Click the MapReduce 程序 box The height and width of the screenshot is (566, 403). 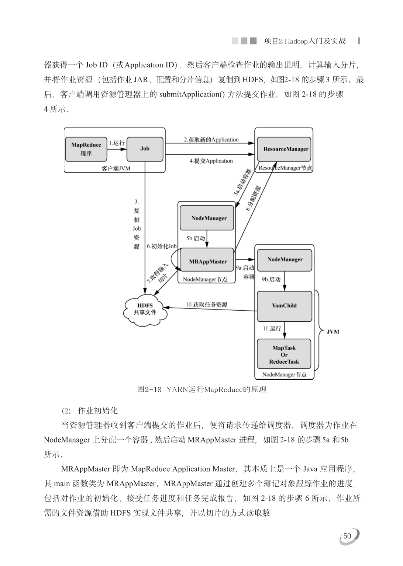86,149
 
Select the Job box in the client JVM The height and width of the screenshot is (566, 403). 145,149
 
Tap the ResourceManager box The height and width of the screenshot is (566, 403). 285,149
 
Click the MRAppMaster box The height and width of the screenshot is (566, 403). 207,261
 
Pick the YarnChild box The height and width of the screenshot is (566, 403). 284,305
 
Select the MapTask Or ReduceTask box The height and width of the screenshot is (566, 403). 284,354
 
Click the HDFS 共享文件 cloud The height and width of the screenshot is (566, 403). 145,309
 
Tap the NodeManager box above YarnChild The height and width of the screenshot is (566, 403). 285,259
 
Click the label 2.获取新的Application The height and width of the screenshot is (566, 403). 211,140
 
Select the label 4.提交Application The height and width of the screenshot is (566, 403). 211,161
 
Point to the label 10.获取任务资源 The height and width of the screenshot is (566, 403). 206,304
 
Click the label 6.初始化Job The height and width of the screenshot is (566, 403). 162,246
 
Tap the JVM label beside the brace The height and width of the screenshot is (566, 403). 333,332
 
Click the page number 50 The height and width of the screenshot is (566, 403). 347,536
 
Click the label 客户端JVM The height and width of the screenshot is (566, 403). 116,168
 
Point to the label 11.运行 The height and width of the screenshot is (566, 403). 272,328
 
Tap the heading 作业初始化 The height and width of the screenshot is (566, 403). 97,410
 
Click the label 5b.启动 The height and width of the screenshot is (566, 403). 196,238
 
